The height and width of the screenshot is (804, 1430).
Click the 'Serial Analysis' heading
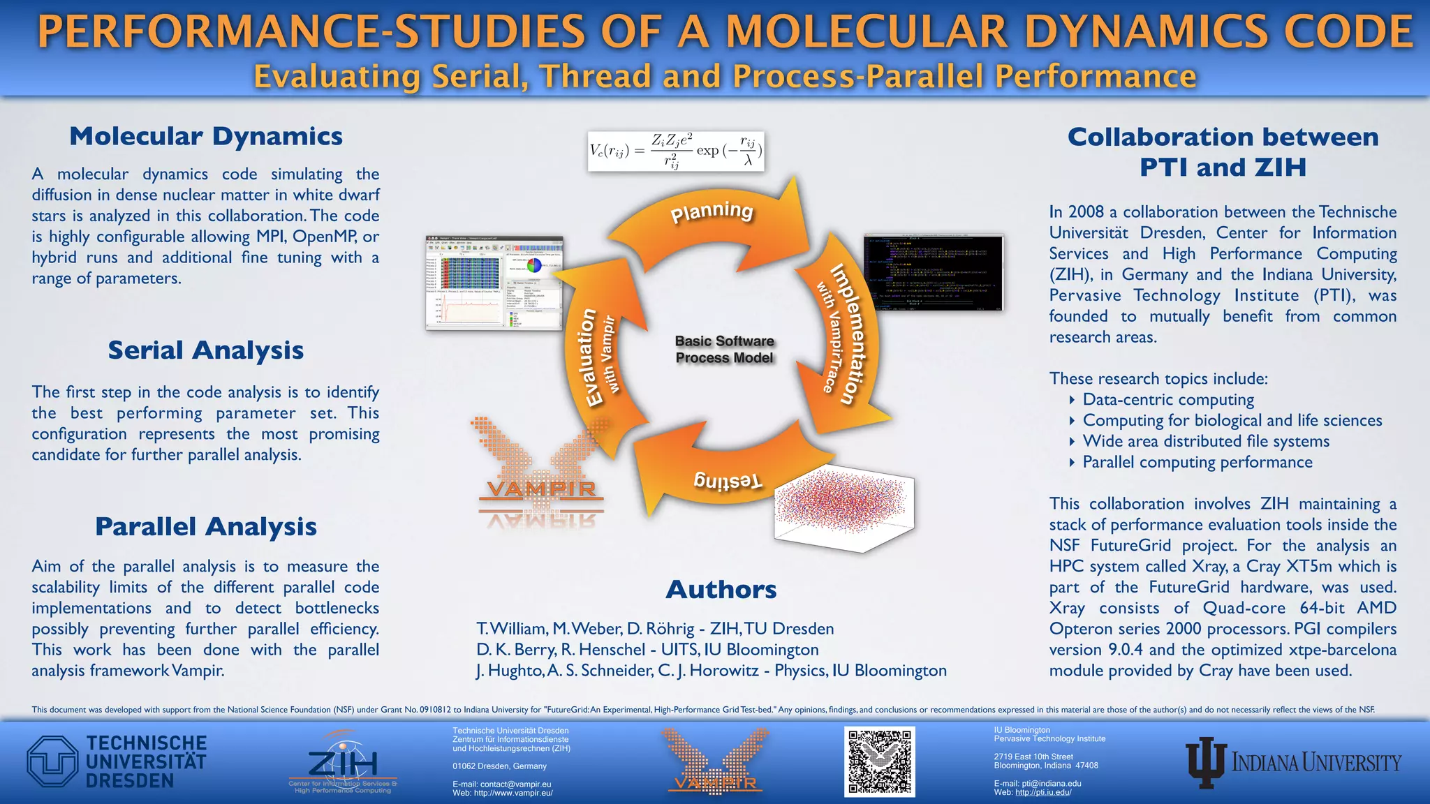click(x=205, y=350)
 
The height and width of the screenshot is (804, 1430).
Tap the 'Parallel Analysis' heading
click(x=205, y=527)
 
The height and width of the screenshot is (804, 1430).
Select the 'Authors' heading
click(x=721, y=590)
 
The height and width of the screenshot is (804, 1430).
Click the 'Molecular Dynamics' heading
click(x=205, y=136)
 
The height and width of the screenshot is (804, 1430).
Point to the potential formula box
click(x=675, y=151)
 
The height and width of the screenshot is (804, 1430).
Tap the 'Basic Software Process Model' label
click(x=724, y=350)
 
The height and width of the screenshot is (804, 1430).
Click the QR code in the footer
click(x=880, y=761)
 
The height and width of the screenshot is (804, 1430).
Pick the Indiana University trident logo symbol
click(x=1206, y=762)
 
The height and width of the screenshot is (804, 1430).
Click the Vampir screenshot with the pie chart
click(x=494, y=283)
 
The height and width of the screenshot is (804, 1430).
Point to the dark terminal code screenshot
click(x=934, y=272)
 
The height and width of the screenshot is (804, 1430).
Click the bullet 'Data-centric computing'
click(x=1168, y=400)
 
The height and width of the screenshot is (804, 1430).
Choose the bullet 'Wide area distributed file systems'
click(x=1206, y=442)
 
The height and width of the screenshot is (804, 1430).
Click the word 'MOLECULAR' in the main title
click(x=866, y=32)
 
